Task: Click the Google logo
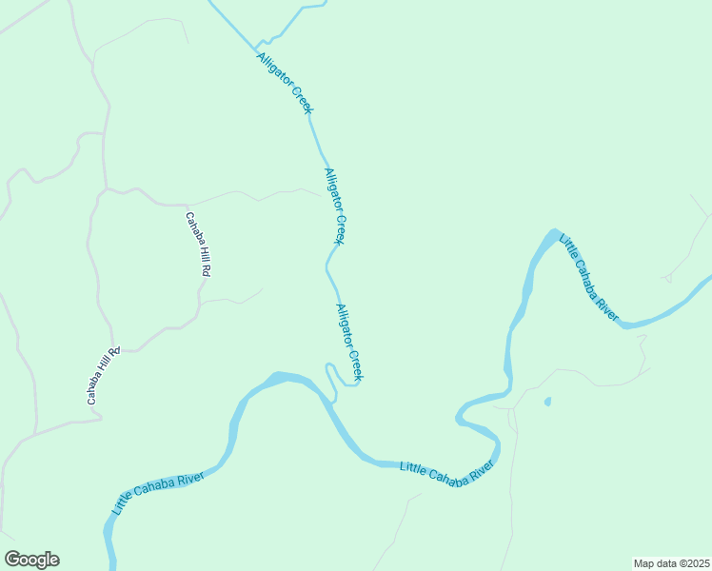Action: tap(31, 560)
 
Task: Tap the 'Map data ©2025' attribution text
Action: tap(671, 562)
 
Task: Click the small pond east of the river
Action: tap(547, 402)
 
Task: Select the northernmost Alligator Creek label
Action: tap(285, 83)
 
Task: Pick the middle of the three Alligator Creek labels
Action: tap(334, 206)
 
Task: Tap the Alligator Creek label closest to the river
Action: tap(349, 343)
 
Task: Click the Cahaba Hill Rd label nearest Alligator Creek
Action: tap(198, 244)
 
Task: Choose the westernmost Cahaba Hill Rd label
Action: tap(103, 376)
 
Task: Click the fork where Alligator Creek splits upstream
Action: tap(256, 44)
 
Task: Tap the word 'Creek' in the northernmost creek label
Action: tap(300, 99)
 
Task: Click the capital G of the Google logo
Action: tap(12, 560)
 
